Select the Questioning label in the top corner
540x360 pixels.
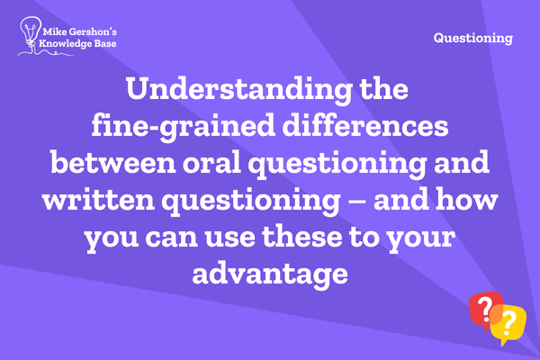[473, 38]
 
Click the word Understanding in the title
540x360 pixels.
[239, 90]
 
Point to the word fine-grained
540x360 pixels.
[184, 127]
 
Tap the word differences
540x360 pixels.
[365, 126]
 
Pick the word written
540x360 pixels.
[98, 200]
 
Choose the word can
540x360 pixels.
[171, 238]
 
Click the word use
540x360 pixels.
[229, 238]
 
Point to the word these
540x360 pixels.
[302, 237]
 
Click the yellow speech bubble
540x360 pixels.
[508, 325]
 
